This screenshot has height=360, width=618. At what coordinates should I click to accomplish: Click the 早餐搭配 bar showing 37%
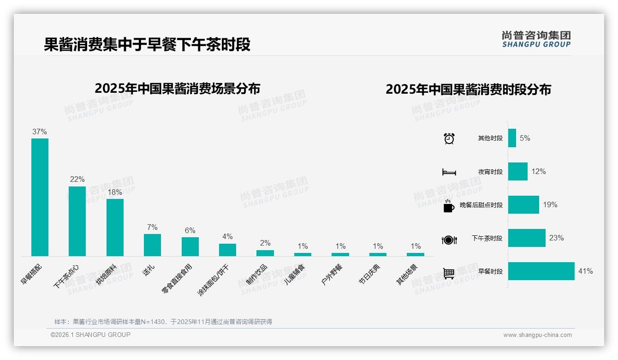click(x=40, y=197)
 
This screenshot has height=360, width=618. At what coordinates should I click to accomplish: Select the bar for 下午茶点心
click(x=77, y=221)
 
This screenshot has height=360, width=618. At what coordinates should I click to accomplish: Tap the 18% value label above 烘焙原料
click(x=115, y=192)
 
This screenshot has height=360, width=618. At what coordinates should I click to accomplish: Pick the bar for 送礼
click(x=152, y=245)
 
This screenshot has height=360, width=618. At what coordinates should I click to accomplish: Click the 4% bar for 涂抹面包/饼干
click(x=227, y=250)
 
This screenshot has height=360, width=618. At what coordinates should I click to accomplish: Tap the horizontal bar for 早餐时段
click(x=541, y=271)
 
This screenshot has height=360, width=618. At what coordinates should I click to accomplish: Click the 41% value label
click(x=585, y=271)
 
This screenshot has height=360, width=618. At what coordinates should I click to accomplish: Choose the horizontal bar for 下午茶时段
click(x=527, y=238)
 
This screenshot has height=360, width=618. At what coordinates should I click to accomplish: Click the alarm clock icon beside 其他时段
click(x=449, y=138)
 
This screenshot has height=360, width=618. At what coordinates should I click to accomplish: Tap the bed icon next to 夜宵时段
click(x=449, y=172)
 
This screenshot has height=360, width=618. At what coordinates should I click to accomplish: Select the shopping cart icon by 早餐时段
click(x=449, y=273)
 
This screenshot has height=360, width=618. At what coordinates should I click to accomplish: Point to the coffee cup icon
click(x=448, y=206)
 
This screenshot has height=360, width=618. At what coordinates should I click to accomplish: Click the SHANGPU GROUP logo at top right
click(x=536, y=39)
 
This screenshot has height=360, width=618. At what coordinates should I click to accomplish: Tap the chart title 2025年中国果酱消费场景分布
click(x=178, y=88)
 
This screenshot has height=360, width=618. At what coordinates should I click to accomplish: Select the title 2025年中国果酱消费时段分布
click(x=468, y=89)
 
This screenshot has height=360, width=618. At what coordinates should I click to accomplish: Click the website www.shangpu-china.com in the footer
click(x=537, y=335)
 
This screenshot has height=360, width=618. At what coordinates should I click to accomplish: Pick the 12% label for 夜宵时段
click(x=538, y=171)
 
